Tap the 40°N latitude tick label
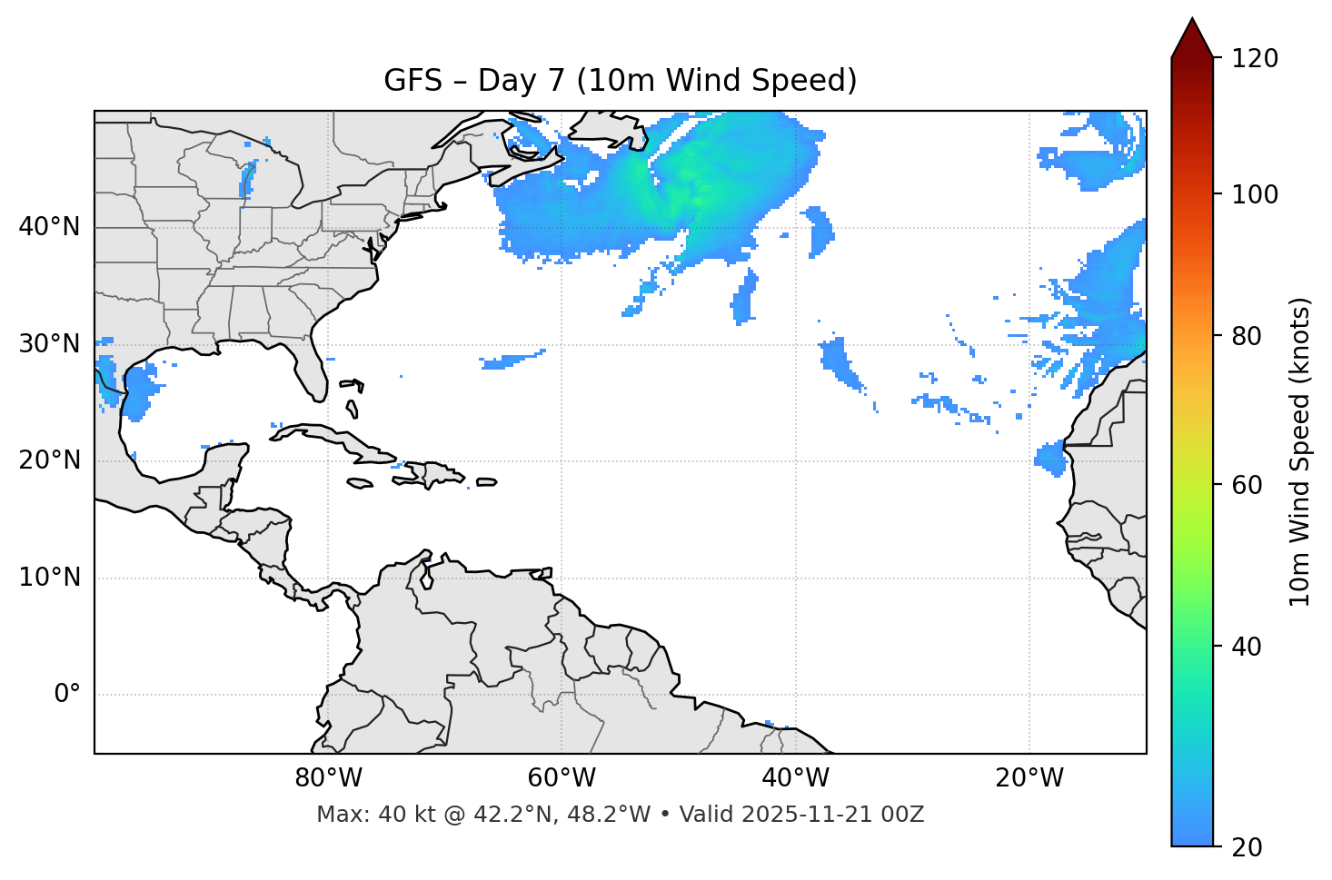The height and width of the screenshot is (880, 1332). click(x=49, y=227)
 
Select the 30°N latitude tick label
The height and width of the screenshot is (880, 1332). click(x=49, y=344)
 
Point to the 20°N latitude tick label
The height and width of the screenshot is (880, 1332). click(x=49, y=460)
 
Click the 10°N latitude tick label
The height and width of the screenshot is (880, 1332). click(x=49, y=578)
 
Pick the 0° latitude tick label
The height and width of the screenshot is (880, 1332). click(x=66, y=695)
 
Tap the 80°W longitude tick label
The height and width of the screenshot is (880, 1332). click(x=328, y=778)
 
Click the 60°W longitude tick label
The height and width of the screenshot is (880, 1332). click(x=562, y=778)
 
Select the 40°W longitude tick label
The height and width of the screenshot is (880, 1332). click(x=795, y=778)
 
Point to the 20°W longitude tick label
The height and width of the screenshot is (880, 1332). click(x=1029, y=778)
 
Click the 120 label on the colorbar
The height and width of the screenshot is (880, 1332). click(x=1255, y=59)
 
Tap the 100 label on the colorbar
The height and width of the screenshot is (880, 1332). click(x=1255, y=194)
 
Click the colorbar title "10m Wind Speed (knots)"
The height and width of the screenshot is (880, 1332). click(x=1300, y=452)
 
